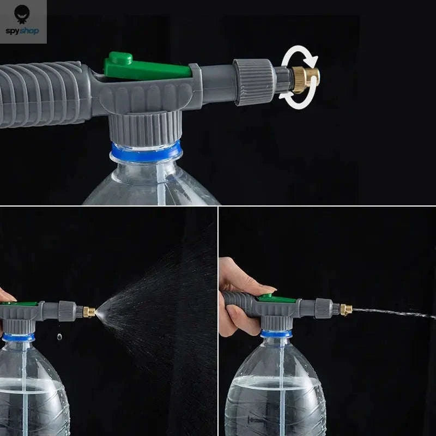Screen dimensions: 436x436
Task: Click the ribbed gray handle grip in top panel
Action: [44, 94]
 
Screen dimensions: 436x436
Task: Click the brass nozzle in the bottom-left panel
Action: [88, 312]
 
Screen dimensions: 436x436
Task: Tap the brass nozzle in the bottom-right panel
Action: [346, 310]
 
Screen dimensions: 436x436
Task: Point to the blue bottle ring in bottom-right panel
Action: [276, 334]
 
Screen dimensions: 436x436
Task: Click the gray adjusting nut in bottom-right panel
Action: [323, 308]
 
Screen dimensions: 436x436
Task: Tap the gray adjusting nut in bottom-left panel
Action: [67, 311]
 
